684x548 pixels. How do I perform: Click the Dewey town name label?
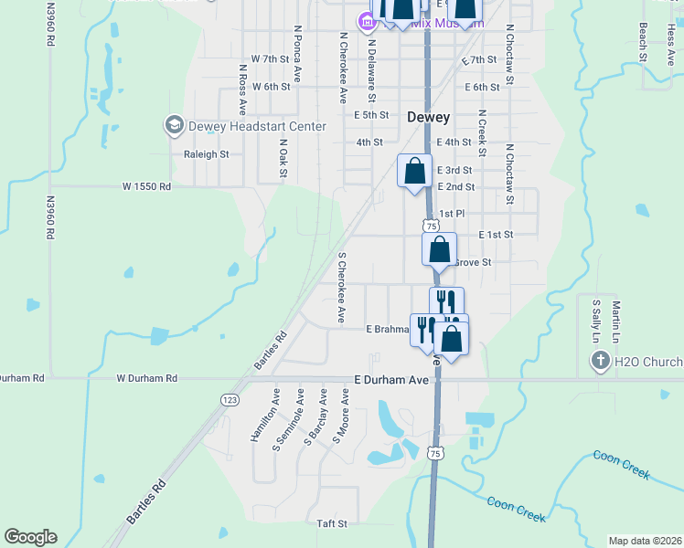tap(427, 117)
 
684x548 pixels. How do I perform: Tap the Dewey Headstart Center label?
tap(256, 126)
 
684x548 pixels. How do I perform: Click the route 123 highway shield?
tap(230, 400)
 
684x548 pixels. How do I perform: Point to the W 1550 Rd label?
tap(146, 186)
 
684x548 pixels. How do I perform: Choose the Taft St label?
tap(332, 523)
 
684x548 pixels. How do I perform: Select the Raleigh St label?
tap(206, 154)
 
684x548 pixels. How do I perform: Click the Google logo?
tap(30, 537)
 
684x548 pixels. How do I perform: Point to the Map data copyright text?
tap(645, 541)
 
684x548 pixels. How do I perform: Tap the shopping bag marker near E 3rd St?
tap(414, 171)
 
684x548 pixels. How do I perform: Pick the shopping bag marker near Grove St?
tap(439, 249)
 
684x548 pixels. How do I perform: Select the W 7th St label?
tap(262, 58)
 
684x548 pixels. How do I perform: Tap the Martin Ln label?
tap(616, 316)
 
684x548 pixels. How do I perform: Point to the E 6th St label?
tap(482, 88)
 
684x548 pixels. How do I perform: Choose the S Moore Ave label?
tap(341, 416)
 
